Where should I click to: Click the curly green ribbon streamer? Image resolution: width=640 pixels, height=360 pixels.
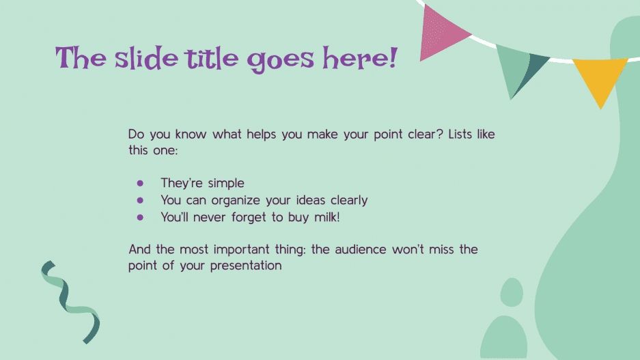(x=70, y=301)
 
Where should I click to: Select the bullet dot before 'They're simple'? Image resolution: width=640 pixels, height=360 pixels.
(x=141, y=183)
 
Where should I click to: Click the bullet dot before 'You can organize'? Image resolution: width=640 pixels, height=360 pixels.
(x=141, y=200)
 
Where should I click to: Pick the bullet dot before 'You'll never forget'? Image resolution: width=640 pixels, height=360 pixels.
(x=141, y=217)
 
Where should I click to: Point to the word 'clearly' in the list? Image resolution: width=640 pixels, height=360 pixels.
(x=344, y=200)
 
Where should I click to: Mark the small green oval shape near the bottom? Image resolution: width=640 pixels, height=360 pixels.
(x=511, y=292)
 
